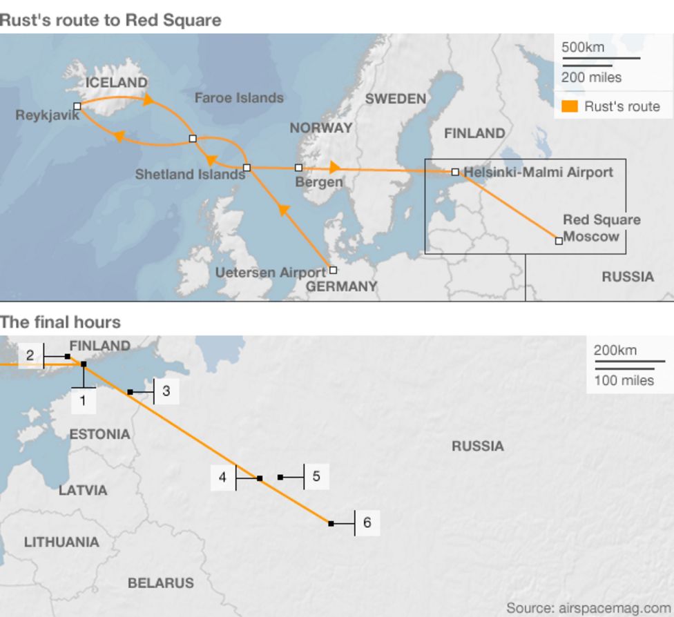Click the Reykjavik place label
[x=47, y=115]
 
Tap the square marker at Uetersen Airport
[x=333, y=271]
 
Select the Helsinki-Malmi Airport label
[x=538, y=172]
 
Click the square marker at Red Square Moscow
[x=559, y=241]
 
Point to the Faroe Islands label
[x=239, y=98]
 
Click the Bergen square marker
[x=298, y=168]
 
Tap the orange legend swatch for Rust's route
[x=570, y=106]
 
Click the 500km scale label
[x=583, y=48]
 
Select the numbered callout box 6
[x=367, y=522]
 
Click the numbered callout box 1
[x=83, y=400]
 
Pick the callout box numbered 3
[x=166, y=391]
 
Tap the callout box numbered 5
[x=316, y=476]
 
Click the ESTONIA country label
[x=99, y=434]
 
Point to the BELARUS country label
[x=160, y=583]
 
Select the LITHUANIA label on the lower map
[x=61, y=542]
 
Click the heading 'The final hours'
[x=60, y=322]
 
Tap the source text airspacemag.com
[x=588, y=608]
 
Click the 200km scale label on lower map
[x=615, y=351]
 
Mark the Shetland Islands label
[x=190, y=175]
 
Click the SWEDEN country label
[x=396, y=99]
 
